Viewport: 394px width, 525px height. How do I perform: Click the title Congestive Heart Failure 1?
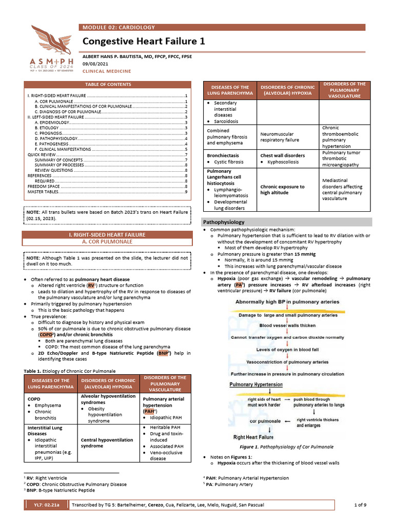144,42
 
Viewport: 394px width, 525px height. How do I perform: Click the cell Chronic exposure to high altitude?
282,190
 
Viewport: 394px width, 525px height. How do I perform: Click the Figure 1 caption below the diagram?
290,447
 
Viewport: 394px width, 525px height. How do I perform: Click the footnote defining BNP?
62,490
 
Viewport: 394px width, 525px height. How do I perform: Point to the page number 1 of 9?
361,505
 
